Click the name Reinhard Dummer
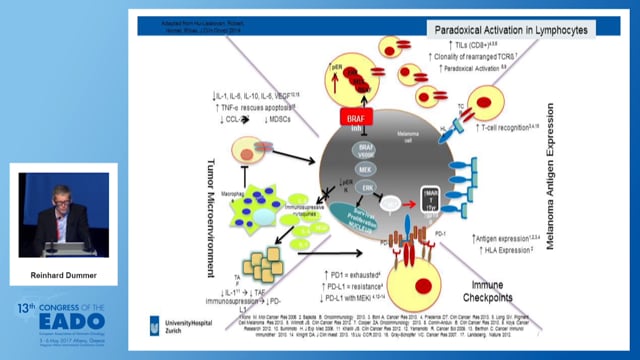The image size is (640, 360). click(x=66, y=270)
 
